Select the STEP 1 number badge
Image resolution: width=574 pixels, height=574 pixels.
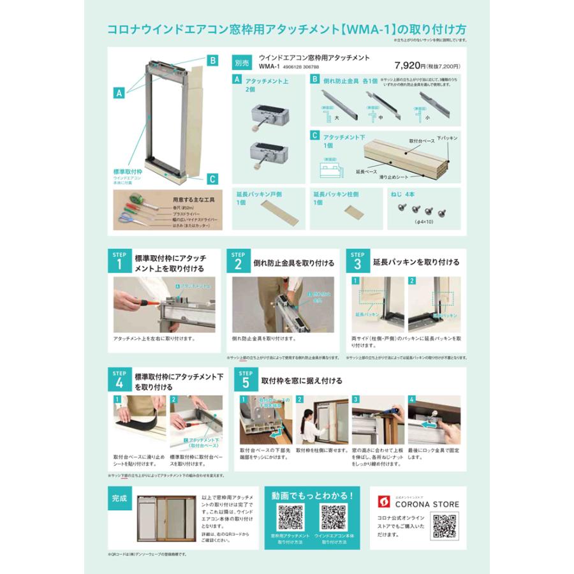tap(118, 261)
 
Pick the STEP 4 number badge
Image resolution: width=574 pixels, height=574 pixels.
tap(118, 381)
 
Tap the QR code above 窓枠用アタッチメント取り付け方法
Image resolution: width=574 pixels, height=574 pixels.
tap(290, 517)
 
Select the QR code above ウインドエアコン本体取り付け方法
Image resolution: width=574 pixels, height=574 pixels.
tap(333, 517)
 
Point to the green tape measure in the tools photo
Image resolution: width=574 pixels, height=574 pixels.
tap(127, 202)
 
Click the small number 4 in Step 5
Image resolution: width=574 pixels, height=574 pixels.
tap(412, 399)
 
